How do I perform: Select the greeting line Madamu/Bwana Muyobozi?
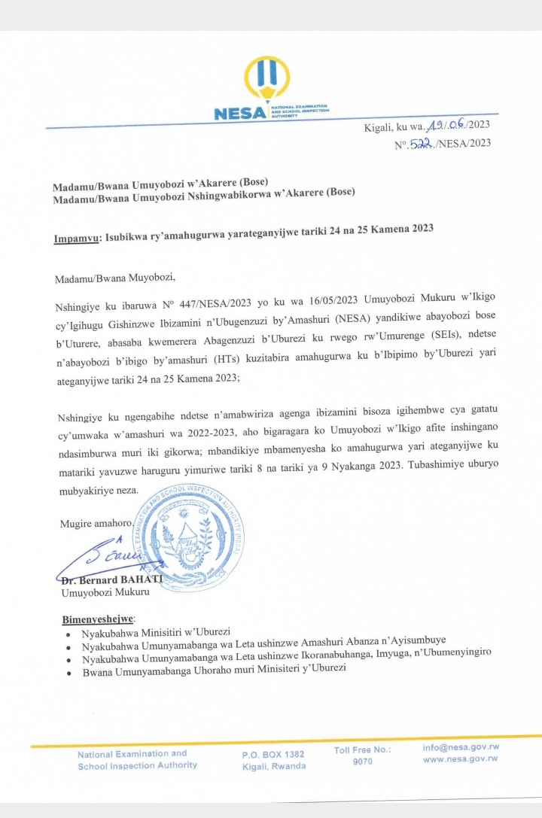pyautogui.click(x=114, y=278)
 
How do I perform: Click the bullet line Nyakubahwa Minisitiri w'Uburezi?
pyautogui.click(x=157, y=634)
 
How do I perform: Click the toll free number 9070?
pyautogui.click(x=362, y=762)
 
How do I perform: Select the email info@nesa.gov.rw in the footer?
pyautogui.click(x=461, y=747)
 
